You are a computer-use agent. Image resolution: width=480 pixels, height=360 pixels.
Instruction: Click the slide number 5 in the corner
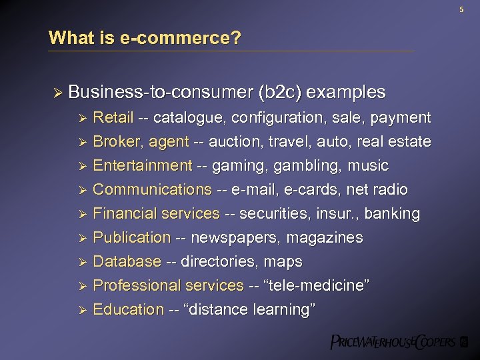[x=461, y=9]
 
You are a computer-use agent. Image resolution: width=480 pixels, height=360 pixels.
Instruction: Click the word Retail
[x=113, y=118]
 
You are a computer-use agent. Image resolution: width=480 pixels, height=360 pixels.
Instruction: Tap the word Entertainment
[x=142, y=166]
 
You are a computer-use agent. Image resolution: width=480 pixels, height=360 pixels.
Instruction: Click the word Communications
[x=152, y=190]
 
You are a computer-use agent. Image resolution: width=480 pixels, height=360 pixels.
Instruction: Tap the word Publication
[x=131, y=238]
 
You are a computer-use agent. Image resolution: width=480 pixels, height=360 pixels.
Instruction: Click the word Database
[x=127, y=262]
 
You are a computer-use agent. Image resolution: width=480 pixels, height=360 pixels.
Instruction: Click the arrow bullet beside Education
[x=83, y=310]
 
